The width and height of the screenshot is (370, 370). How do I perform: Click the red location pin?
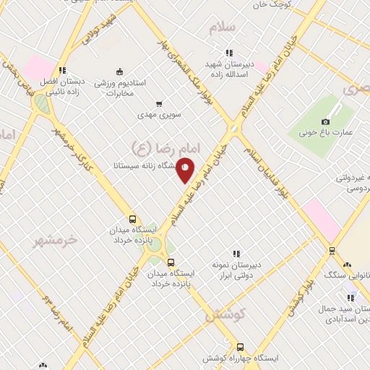186,170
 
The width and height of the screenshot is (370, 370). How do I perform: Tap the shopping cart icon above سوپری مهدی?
159,103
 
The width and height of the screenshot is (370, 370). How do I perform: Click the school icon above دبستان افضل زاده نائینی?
62,70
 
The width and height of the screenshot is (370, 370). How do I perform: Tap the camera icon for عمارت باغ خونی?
326,121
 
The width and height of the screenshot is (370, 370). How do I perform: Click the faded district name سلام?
222,27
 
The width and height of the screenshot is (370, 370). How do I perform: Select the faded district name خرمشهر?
54,241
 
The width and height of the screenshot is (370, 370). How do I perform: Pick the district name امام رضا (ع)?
154,147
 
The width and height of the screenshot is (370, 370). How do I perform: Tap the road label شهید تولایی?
100,28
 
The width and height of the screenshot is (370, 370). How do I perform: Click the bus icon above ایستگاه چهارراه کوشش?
240,346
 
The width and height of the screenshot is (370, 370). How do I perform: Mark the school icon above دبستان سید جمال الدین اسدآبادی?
351,297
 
